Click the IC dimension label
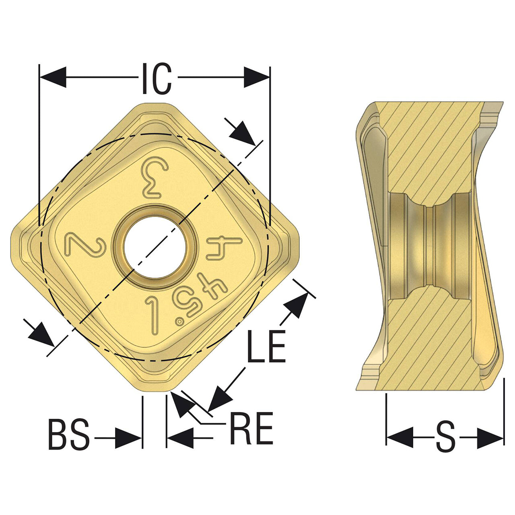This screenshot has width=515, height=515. tap(157, 78)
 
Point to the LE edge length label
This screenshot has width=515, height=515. tap(266, 347)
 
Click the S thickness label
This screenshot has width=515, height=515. tap(445, 438)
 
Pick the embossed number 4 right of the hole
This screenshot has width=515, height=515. tap(224, 249)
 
